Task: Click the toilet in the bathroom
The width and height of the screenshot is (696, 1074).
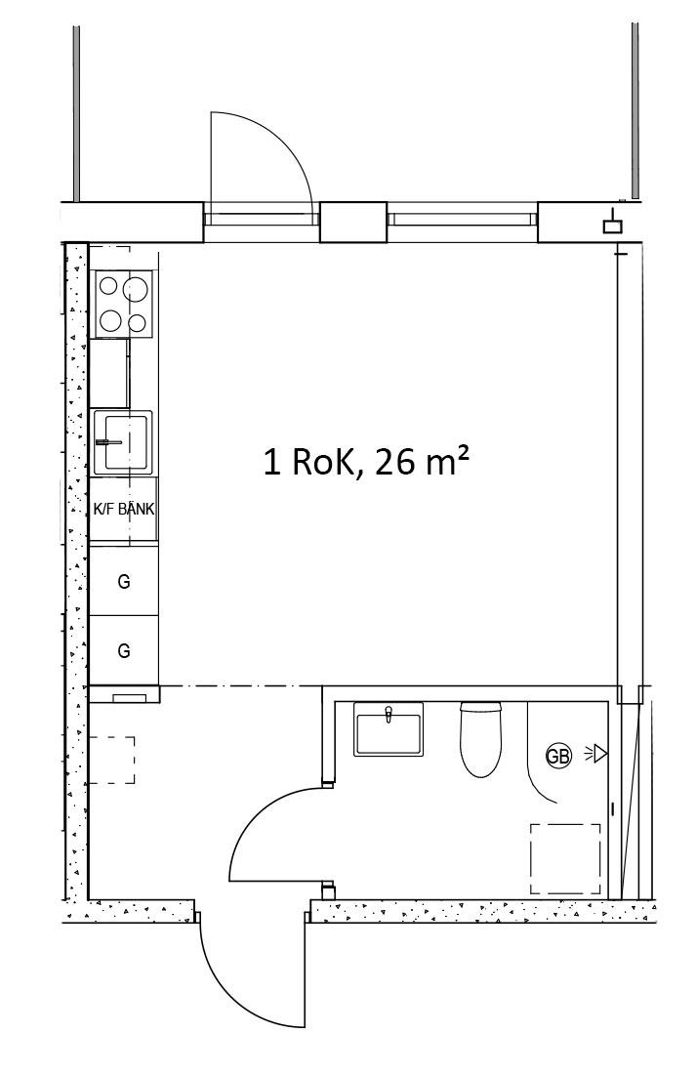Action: coord(480,739)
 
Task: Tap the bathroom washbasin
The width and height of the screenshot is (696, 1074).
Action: coord(389,729)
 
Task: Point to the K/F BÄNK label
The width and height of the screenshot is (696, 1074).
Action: coord(124,510)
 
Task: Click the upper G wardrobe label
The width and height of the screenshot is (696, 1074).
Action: coord(124,582)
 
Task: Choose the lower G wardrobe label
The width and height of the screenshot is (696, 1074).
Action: coord(124,650)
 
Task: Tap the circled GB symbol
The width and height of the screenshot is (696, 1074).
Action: coord(558,756)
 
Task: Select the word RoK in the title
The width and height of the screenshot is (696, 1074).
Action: coord(322,462)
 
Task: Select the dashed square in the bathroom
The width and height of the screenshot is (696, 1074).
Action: coord(565,859)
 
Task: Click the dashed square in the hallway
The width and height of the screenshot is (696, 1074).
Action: coord(111,761)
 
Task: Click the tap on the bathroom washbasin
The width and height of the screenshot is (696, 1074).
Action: coord(389,714)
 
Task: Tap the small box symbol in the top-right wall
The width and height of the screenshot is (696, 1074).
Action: coord(612,226)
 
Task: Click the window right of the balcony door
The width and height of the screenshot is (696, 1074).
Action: coord(462,219)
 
